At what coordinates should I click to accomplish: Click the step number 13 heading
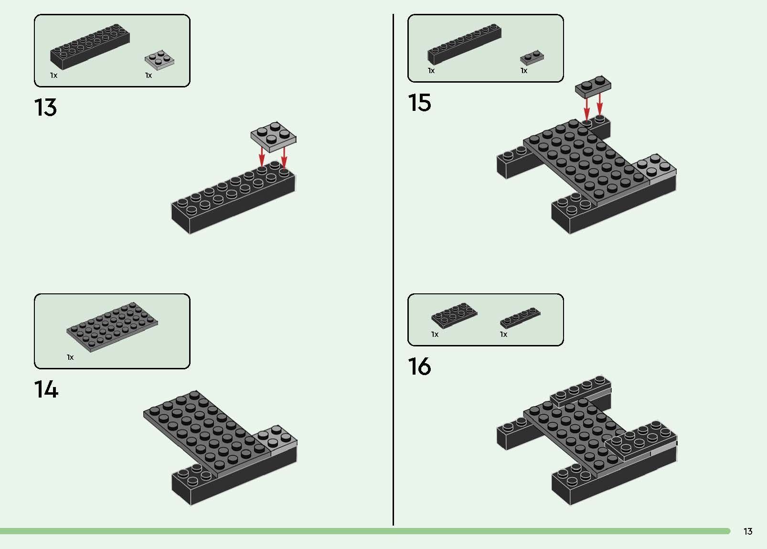[45, 108]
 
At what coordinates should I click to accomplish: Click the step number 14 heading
[46, 390]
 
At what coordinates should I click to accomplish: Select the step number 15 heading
[419, 103]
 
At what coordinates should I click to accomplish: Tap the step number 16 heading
[419, 366]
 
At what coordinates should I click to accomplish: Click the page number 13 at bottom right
[748, 531]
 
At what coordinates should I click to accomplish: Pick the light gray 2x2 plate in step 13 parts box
[160, 60]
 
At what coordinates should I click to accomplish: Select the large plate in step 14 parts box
[112, 326]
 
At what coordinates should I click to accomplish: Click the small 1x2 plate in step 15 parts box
[532, 57]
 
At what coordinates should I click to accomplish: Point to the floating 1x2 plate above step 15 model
[593, 86]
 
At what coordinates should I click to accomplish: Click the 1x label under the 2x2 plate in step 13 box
[149, 75]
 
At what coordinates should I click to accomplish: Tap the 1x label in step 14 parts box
[70, 357]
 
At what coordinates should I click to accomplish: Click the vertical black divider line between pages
[393, 268]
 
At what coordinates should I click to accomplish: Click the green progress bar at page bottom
[363, 531]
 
